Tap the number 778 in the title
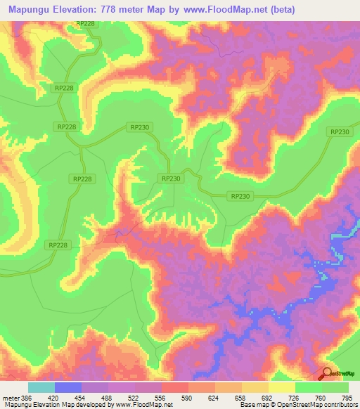(x=124, y=10)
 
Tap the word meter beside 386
(x=12, y=398)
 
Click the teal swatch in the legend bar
(x=41, y=387)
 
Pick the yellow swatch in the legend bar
(x=282, y=387)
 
